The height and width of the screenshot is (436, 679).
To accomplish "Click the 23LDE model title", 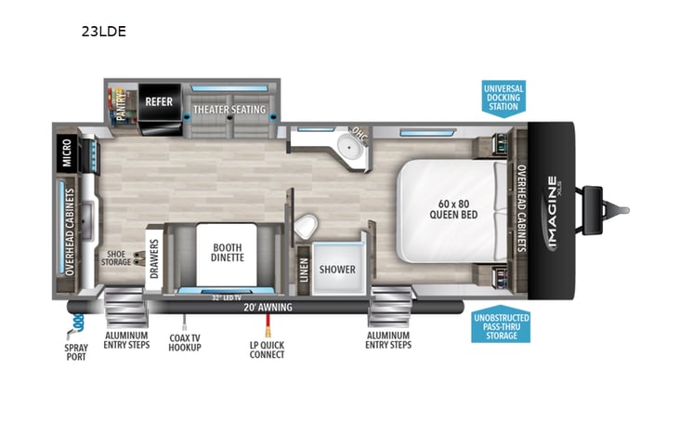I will point(104,31).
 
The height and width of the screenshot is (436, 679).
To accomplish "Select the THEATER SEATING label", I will point(229,110).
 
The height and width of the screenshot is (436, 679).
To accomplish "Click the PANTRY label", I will point(120,100).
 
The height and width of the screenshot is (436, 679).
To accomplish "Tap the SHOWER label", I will point(337,270).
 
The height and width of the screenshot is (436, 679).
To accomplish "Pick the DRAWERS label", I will point(154,258).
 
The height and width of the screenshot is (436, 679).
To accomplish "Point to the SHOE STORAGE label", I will point(116,257).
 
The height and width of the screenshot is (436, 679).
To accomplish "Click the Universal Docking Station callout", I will point(503,97).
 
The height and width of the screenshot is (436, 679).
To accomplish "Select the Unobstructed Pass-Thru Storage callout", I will point(500,324).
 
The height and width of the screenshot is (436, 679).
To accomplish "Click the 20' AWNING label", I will point(268,307).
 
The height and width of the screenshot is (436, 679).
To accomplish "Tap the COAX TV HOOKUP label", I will point(185,343).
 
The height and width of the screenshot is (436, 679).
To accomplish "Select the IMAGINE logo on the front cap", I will point(551,213).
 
